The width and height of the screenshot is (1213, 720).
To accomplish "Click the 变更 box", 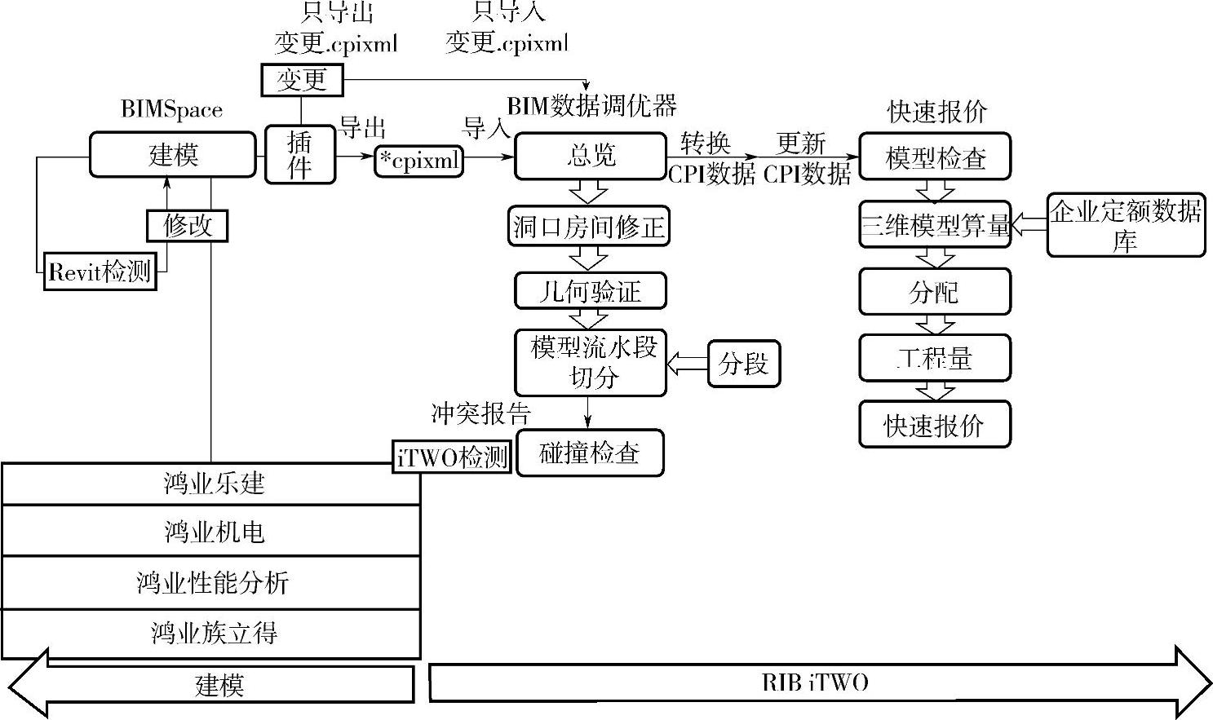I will pyautogui.click(x=302, y=80).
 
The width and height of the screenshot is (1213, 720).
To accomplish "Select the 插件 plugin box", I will pyautogui.click(x=300, y=155).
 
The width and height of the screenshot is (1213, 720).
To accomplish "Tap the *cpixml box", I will pyautogui.click(x=419, y=161).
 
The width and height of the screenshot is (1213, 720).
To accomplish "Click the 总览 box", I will pyautogui.click(x=591, y=156).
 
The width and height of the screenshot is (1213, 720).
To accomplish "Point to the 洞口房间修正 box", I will pyautogui.click(x=590, y=226).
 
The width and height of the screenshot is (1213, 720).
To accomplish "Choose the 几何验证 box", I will pyautogui.click(x=591, y=291).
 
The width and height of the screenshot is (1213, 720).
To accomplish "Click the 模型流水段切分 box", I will pyautogui.click(x=591, y=363).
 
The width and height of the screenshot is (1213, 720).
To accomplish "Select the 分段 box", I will pyautogui.click(x=743, y=364).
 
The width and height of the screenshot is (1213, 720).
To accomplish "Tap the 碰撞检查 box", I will pyautogui.click(x=590, y=453).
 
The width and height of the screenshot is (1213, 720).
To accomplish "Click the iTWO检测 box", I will pyautogui.click(x=453, y=457).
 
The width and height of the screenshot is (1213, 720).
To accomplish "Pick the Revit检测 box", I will pyautogui.click(x=100, y=271).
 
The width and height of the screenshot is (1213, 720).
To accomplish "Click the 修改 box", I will pyautogui.click(x=187, y=226).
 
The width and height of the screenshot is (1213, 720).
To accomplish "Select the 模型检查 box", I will pyautogui.click(x=935, y=157).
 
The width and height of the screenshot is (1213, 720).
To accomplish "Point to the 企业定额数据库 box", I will pyautogui.click(x=1126, y=226).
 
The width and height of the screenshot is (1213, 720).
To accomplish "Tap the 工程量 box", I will pyautogui.click(x=935, y=358).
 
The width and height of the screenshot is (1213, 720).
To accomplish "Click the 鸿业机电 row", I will pyautogui.click(x=211, y=532).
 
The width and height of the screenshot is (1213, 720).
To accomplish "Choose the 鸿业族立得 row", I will pyautogui.click(x=211, y=634).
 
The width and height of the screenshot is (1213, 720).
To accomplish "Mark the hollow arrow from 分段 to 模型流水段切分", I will pyautogui.click(x=687, y=364).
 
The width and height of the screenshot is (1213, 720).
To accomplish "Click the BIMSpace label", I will pyautogui.click(x=171, y=109).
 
